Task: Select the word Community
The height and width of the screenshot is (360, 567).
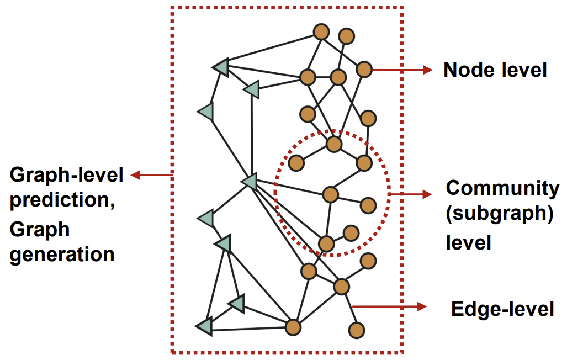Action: click(502, 188)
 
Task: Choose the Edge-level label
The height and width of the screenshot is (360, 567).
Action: click(502, 309)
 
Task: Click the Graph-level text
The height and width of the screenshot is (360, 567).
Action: click(67, 176)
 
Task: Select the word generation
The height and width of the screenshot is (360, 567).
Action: click(62, 255)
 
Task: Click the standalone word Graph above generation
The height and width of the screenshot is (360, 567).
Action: click(40, 228)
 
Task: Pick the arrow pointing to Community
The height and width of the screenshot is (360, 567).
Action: click(411, 194)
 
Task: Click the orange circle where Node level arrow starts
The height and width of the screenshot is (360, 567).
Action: click(364, 70)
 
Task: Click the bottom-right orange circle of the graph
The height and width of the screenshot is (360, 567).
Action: click(357, 330)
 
